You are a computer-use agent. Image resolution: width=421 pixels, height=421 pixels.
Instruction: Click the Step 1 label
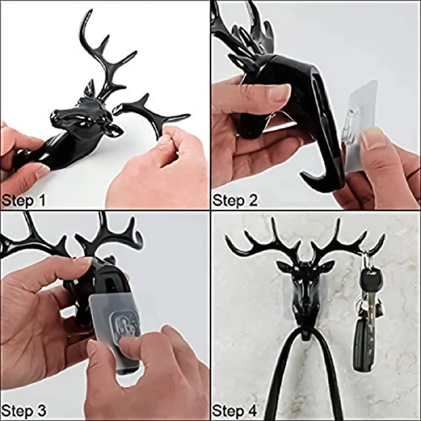coord(24,201)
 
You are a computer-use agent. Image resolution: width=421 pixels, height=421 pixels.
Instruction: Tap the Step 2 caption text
coord(235,200)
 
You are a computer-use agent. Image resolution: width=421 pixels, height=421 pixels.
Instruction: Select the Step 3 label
coord(24,411)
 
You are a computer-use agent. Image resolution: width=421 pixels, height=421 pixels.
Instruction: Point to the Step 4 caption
coord(235,411)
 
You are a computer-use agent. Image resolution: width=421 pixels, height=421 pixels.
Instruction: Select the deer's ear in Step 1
coord(90,88)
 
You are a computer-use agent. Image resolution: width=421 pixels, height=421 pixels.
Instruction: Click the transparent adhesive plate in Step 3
coord(116,319)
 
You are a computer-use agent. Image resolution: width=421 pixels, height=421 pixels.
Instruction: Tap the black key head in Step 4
coord(367,280)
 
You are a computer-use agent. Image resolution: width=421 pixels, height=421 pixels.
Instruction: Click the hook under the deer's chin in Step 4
coord(306,335)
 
